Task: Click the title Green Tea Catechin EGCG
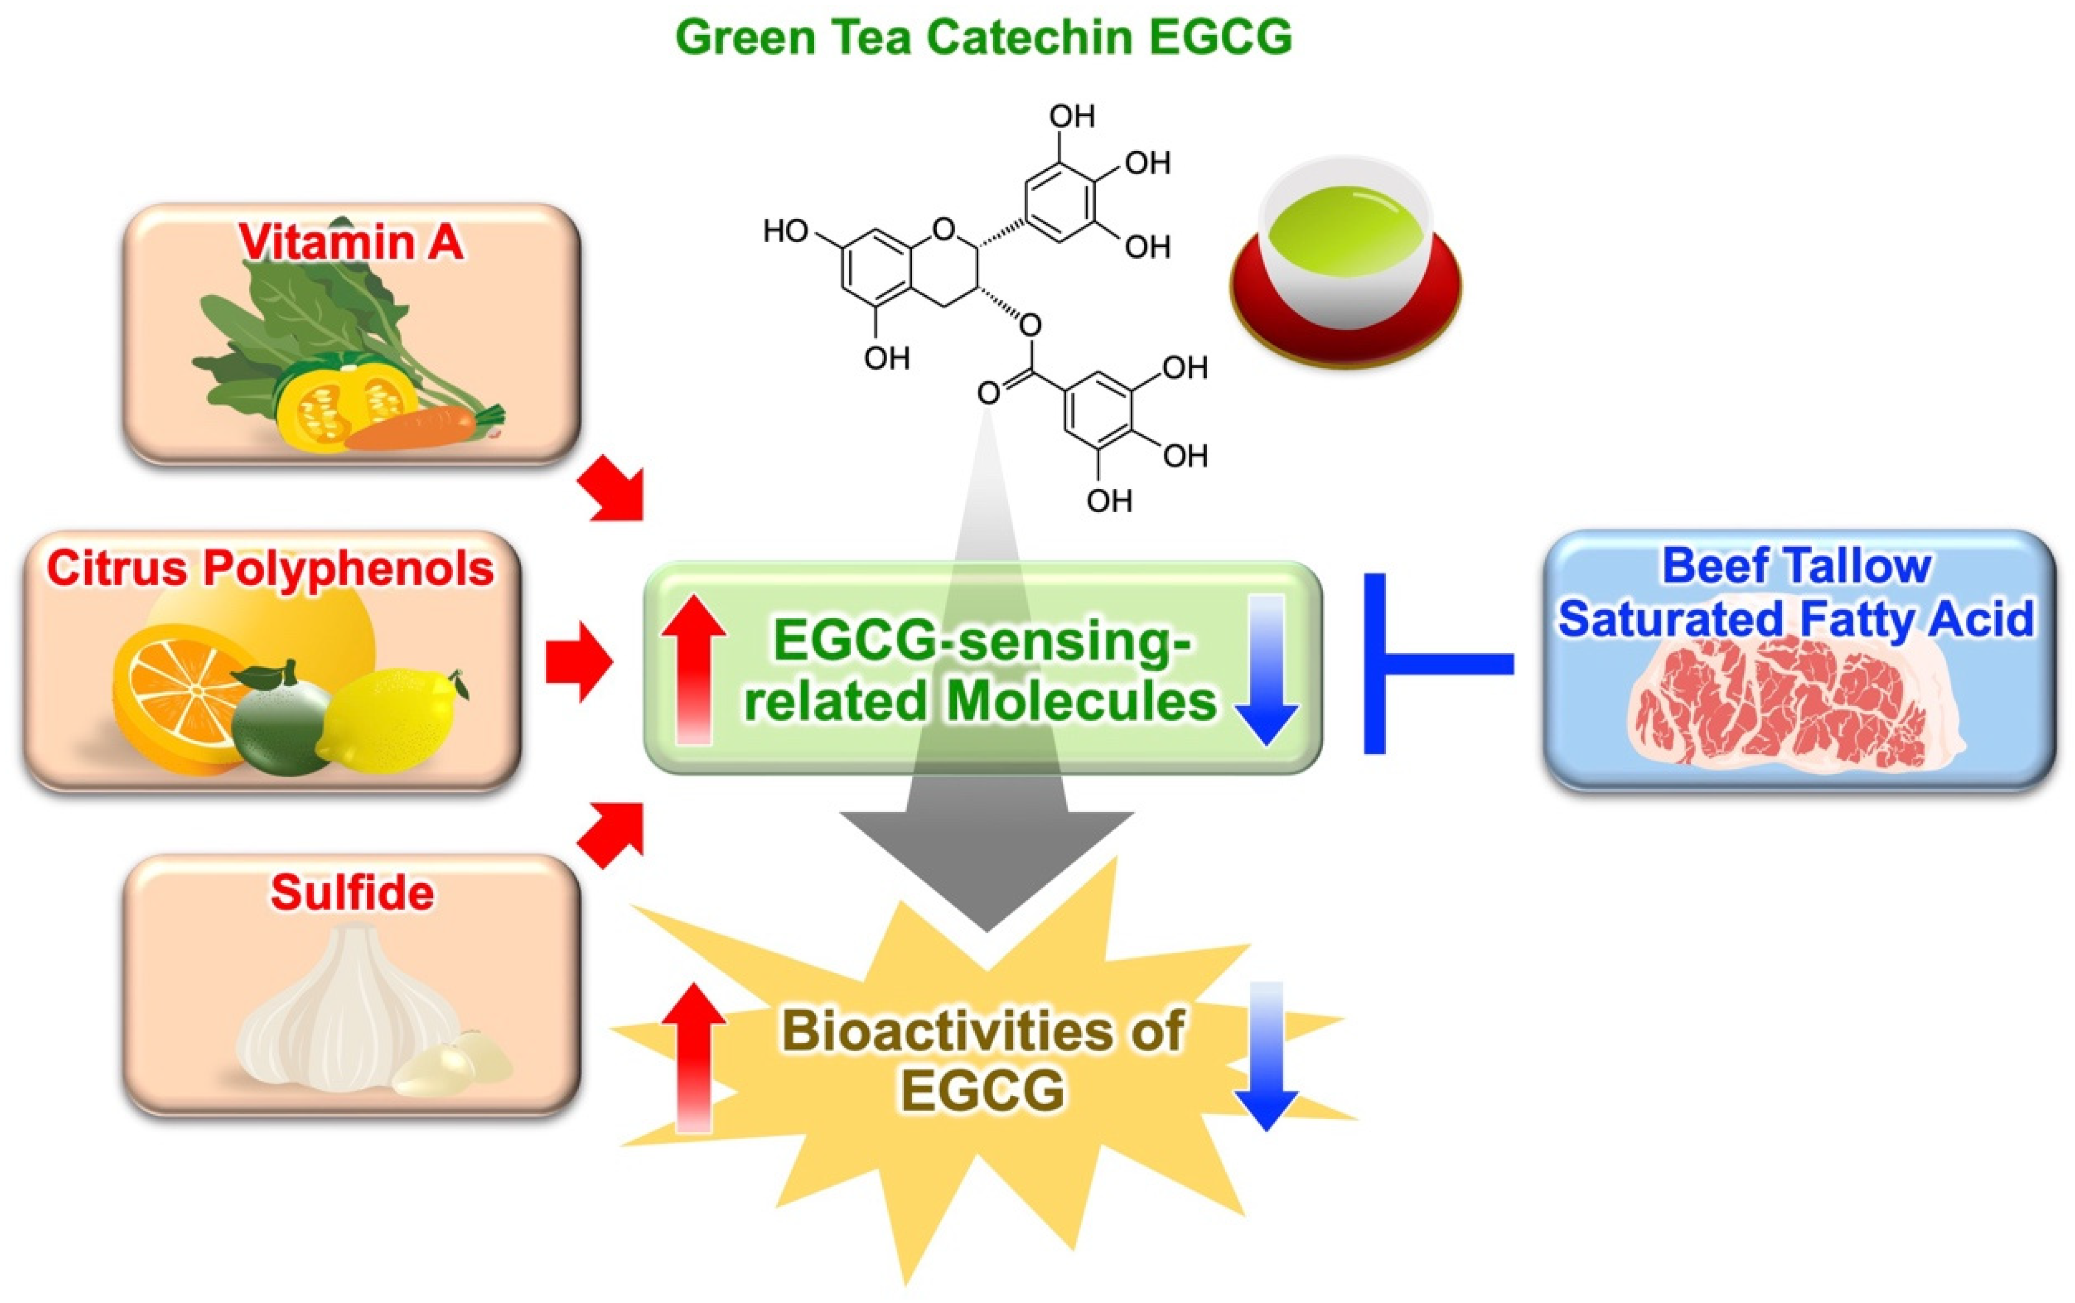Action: (x=983, y=38)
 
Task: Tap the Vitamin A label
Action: (x=351, y=242)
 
